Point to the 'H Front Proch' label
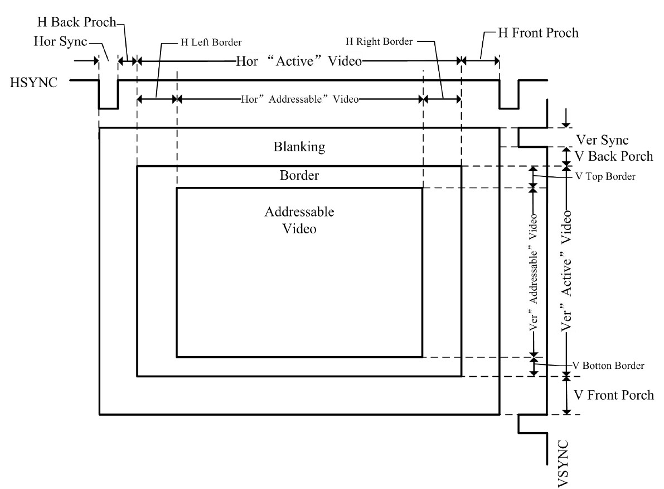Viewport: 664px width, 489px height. [530, 33]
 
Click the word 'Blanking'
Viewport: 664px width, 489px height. [299, 147]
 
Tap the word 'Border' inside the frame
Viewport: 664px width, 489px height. [299, 175]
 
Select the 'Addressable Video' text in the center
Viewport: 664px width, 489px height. [299, 220]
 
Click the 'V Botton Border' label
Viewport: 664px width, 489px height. [609, 366]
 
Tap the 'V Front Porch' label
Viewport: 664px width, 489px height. [613, 395]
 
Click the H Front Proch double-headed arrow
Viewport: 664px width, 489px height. [480, 60]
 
